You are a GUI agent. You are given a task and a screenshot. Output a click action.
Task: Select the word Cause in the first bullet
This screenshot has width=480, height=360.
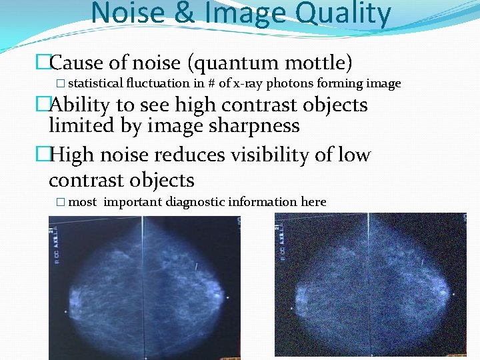tap(75, 63)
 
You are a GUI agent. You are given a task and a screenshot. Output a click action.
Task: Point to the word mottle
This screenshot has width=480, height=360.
tap(317, 63)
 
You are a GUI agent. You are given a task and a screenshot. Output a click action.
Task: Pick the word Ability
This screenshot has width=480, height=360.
tap(78, 105)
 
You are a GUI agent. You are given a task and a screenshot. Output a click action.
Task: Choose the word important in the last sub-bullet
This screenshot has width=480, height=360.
tap(133, 202)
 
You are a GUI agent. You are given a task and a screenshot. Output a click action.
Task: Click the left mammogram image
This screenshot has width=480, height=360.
tap(143, 287)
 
